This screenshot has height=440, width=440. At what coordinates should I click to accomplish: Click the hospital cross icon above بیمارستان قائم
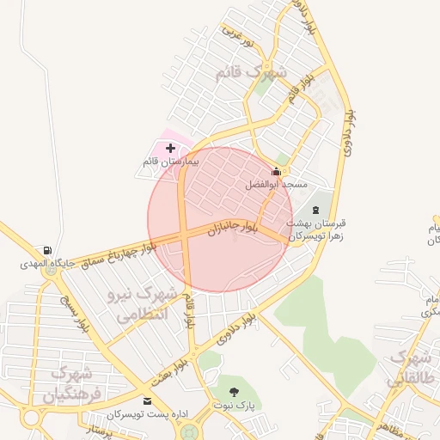169,149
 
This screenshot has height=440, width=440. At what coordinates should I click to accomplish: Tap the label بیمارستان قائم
170,162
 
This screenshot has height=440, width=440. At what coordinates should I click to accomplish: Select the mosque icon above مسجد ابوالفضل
276,171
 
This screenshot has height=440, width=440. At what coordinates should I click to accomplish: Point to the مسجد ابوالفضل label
276,184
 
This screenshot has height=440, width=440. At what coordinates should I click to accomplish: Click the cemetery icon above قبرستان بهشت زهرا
315,210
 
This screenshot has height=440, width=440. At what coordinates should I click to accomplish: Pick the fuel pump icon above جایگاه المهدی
46,251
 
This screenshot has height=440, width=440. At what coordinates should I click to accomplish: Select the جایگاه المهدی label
46,264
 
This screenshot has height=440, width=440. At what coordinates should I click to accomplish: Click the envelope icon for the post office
146,401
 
